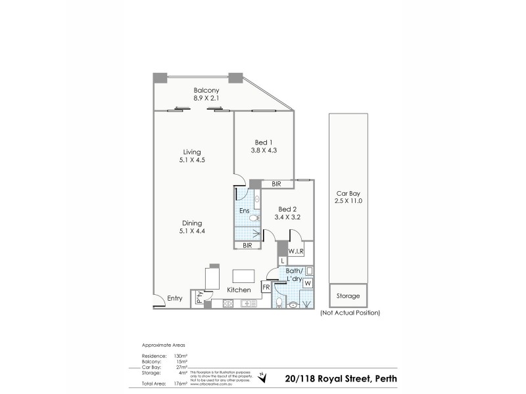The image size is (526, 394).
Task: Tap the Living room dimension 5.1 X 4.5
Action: tap(192, 160)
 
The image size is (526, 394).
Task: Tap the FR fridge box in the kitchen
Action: tap(266, 287)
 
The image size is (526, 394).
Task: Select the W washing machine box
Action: tap(307, 283)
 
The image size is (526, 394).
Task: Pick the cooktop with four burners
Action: tap(228, 303)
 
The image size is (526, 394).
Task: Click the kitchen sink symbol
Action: tap(249, 303)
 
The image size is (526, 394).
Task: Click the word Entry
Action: tap(174, 299)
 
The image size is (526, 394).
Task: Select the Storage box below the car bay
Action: tap(348, 296)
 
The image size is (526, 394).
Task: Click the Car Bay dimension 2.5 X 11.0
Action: tap(348, 200)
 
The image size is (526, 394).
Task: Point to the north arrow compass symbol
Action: tap(264, 376)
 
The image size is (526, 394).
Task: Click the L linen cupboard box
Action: tap(282, 261)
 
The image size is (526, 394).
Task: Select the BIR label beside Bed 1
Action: tap(276, 185)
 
